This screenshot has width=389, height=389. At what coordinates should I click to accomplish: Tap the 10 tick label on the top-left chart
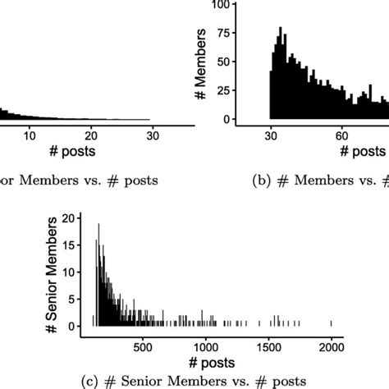[30, 136]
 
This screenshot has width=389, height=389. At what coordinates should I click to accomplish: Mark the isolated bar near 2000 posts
[332, 323]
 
